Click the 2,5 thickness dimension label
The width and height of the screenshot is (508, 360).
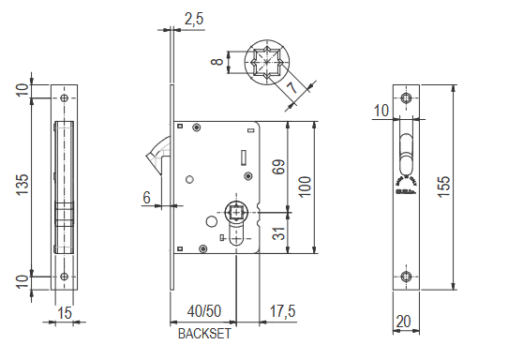tap(194, 19)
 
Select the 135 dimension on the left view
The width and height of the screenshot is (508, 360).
tap(22, 185)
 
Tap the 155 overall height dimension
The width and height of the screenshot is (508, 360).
tap(443, 187)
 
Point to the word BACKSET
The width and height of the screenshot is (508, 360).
tap(204, 334)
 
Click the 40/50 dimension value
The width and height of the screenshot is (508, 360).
tap(204, 311)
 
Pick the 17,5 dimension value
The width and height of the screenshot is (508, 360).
tap(282, 311)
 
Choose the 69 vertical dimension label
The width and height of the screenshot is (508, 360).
tap(279, 167)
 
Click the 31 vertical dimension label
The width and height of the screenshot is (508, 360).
tap(279, 232)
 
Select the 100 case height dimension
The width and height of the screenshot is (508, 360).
tap(305, 187)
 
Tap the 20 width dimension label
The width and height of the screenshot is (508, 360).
tap(404, 322)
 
